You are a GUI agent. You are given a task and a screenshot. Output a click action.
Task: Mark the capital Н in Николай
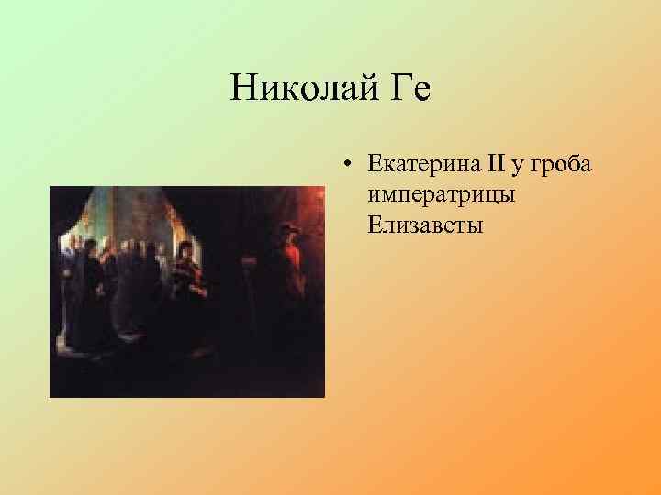tap(243, 89)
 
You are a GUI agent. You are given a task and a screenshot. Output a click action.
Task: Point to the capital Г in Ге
tap(388, 89)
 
